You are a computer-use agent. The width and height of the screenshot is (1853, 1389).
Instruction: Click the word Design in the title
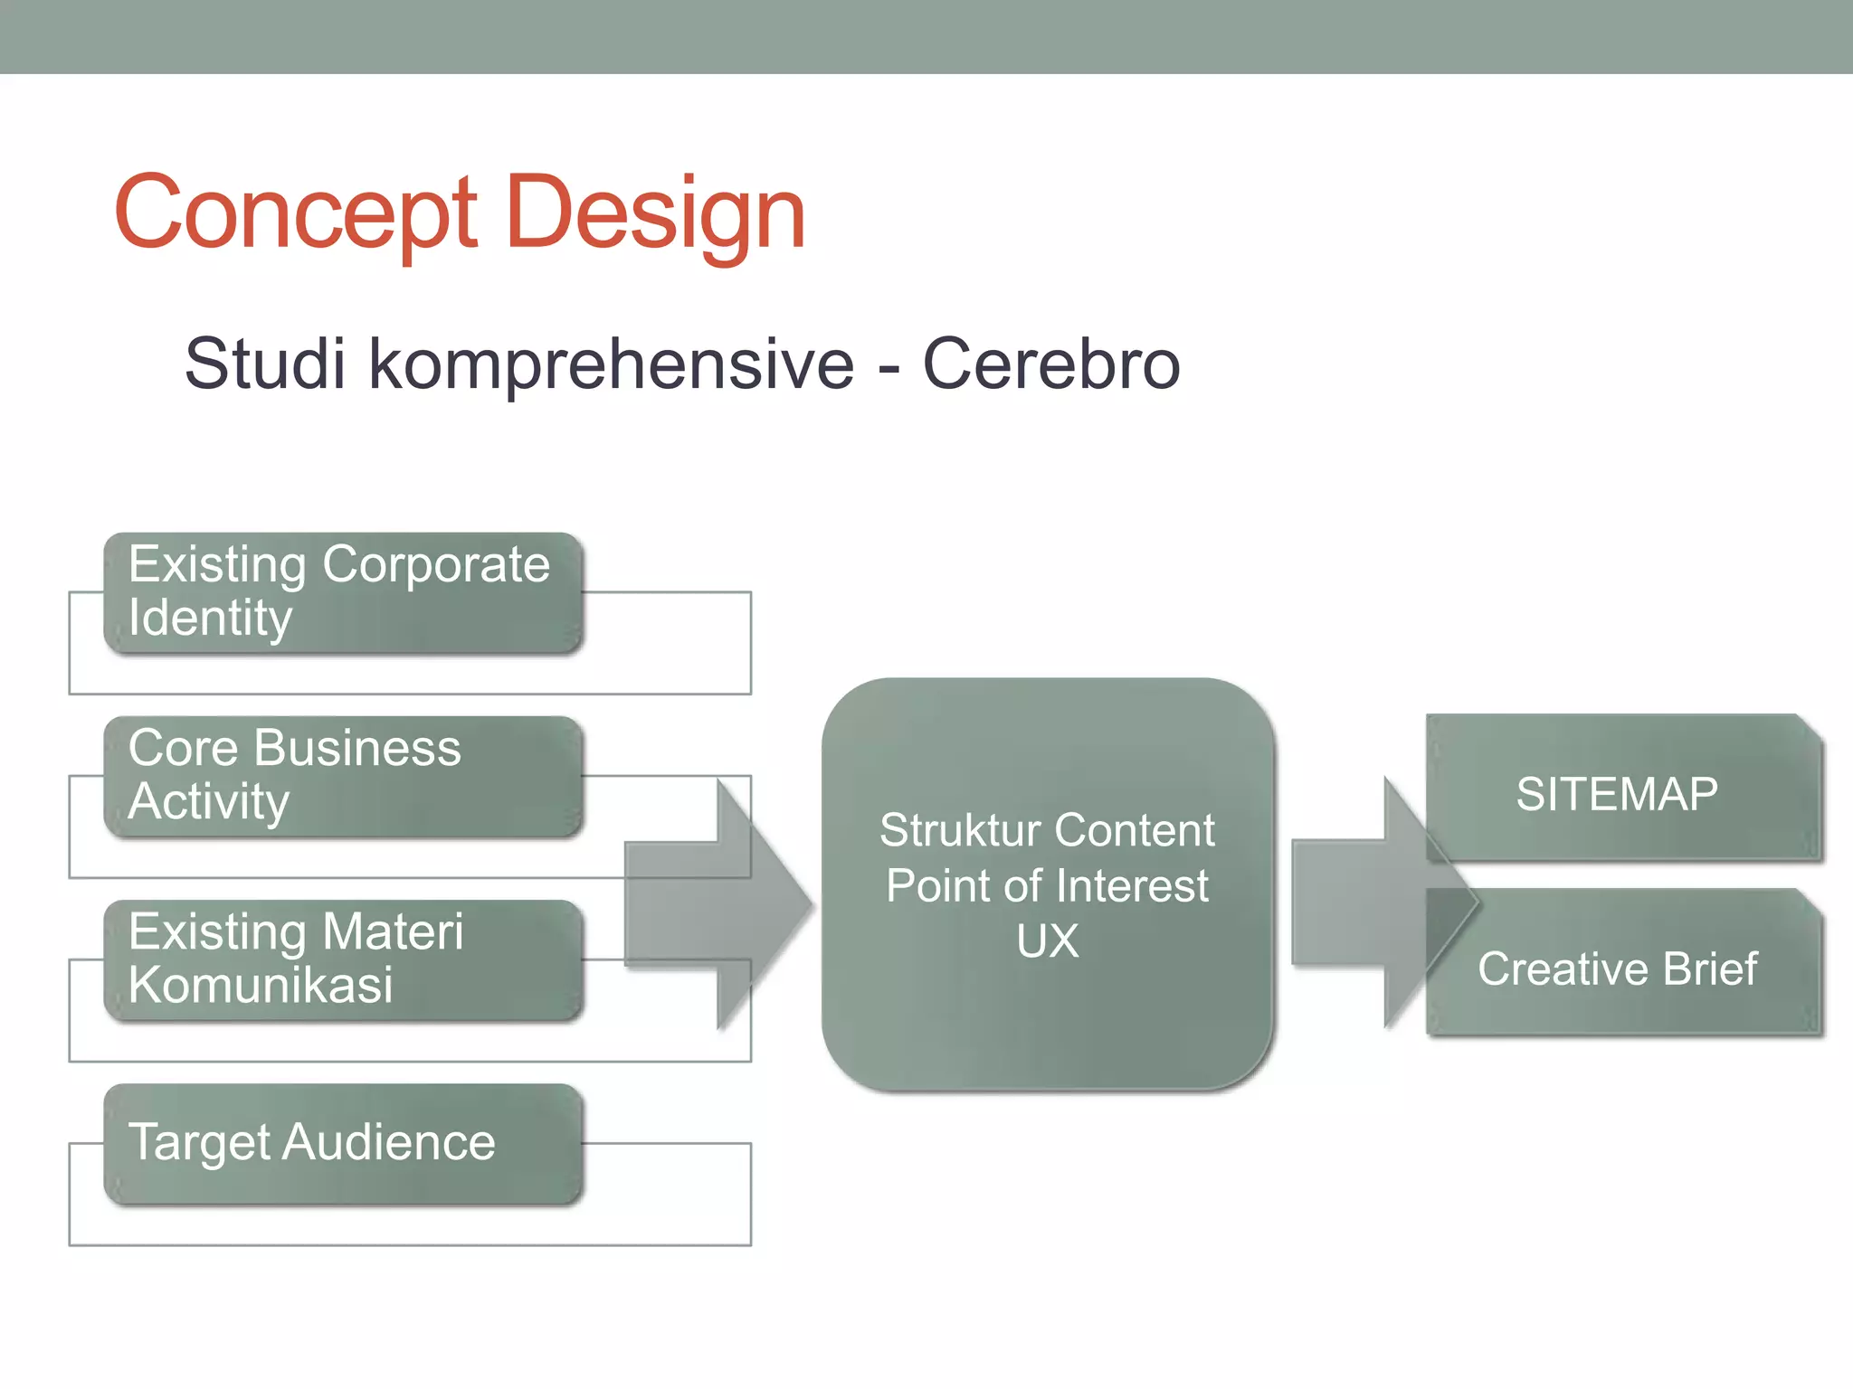coord(655,213)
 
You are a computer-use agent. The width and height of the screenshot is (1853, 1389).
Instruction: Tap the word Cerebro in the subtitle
coord(1050,364)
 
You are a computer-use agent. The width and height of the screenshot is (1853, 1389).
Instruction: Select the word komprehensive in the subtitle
coord(611,364)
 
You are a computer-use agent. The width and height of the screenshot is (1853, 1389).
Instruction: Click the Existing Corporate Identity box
coord(343,592)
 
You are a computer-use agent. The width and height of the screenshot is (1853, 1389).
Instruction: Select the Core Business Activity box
coord(343,776)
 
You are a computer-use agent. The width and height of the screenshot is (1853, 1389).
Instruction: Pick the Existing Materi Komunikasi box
coord(343,959)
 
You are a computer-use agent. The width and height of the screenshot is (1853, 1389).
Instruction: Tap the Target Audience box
coord(343,1143)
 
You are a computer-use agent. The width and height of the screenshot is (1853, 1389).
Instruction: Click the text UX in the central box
coord(1047,941)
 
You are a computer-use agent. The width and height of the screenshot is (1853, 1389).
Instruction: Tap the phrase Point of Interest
coord(1047,885)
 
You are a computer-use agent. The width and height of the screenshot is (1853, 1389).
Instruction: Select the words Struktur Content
coord(1047,830)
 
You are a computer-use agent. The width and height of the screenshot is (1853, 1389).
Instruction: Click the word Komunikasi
coord(261,985)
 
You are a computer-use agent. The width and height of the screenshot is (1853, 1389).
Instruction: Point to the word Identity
coord(210,619)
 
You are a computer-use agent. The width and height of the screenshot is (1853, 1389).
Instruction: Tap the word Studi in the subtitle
coord(265,364)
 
